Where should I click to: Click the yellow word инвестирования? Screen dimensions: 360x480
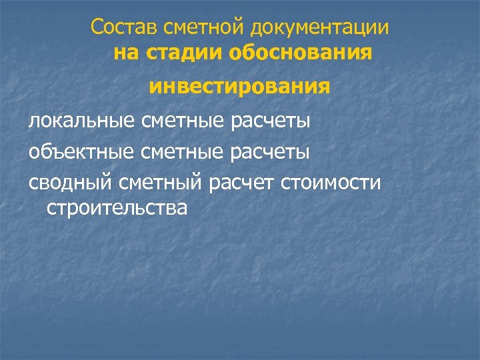pyautogui.click(x=239, y=87)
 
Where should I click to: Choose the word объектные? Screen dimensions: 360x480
pyautogui.click(x=82, y=153)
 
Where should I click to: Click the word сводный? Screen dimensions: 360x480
pyautogui.click(x=71, y=183)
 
